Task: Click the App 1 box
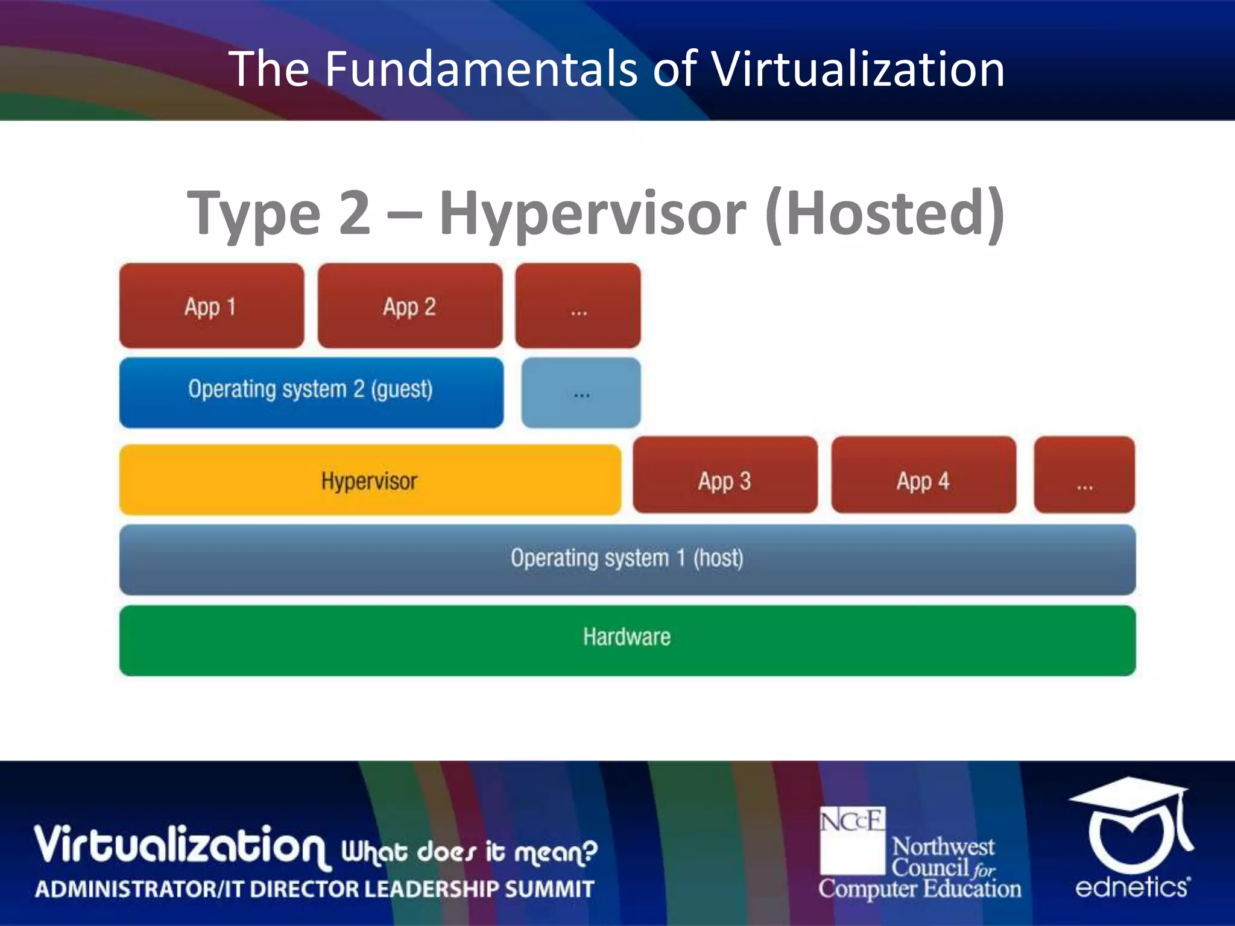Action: point(212,306)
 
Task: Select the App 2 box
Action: point(410,306)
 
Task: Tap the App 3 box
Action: point(725,475)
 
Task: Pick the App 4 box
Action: point(923,475)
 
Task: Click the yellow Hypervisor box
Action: point(370,480)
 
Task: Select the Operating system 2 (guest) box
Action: point(311,392)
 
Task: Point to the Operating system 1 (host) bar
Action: point(627,559)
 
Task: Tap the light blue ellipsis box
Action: point(581,393)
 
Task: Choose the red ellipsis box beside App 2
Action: point(578,306)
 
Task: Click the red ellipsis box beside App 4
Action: point(1084,475)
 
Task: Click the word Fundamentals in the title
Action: point(481,69)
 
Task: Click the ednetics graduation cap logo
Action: point(1131,822)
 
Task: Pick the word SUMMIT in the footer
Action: point(549,889)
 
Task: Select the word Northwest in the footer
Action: point(943,846)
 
